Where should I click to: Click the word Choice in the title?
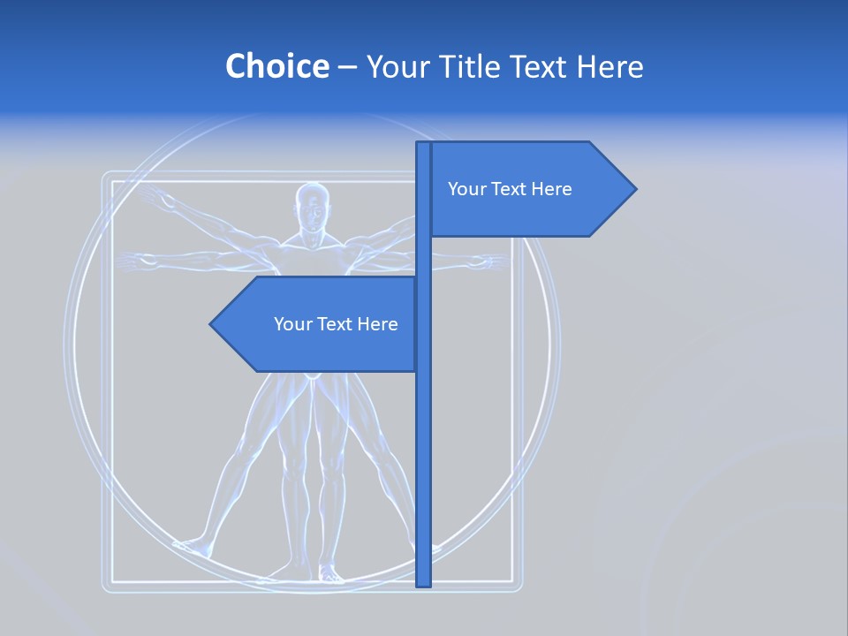[x=276, y=66]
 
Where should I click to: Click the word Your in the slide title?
[x=396, y=66]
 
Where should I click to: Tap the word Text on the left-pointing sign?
[x=336, y=324]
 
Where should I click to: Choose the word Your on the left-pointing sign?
[x=292, y=324]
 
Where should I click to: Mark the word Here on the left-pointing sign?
[x=377, y=324]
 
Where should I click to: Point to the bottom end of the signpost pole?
[x=424, y=583]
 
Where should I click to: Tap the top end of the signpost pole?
[x=423, y=146]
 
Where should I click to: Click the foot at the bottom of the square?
[x=329, y=575]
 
